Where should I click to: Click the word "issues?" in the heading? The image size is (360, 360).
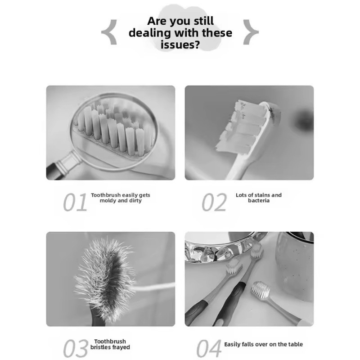180,45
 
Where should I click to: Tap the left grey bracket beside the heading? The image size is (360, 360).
110,32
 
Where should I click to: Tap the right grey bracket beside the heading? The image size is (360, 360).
251,32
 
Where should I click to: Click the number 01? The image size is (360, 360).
75,202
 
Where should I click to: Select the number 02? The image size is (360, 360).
214,202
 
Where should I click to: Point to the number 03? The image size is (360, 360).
76,348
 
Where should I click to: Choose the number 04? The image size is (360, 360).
209,348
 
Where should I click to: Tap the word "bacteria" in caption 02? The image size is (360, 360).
259,200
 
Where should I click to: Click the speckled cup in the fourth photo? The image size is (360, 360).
295,266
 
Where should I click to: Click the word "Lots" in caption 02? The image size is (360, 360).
241,195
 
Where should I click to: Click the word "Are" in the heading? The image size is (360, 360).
157,21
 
